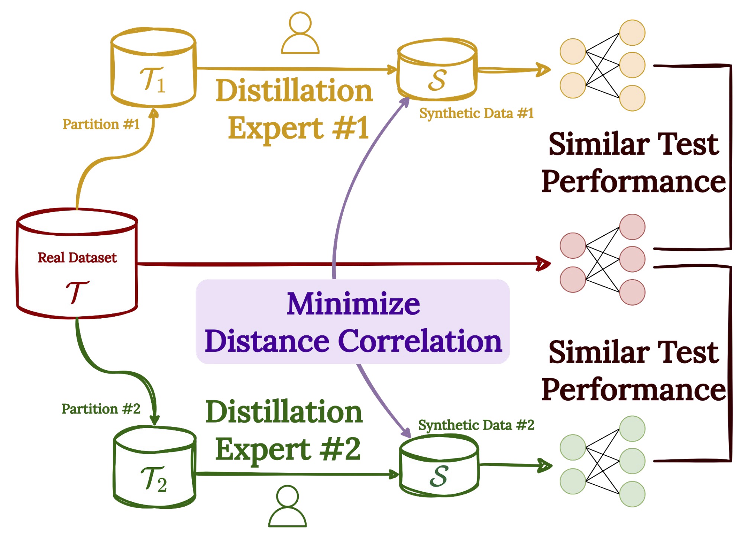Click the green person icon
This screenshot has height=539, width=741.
coord(287,506)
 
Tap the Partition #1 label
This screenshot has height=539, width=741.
coord(101,124)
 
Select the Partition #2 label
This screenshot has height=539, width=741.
coord(101,409)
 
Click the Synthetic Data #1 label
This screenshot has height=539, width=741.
coord(476,113)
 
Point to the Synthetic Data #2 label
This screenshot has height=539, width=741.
coord(476,425)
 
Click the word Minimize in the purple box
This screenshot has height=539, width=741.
coord(353,304)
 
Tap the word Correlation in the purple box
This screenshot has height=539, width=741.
coord(420,341)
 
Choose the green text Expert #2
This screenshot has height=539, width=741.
coord(288,449)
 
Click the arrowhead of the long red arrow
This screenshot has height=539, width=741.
coord(543,264)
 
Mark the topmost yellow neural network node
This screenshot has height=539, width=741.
coord(632,33)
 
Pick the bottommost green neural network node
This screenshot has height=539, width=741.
coord(632,494)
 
